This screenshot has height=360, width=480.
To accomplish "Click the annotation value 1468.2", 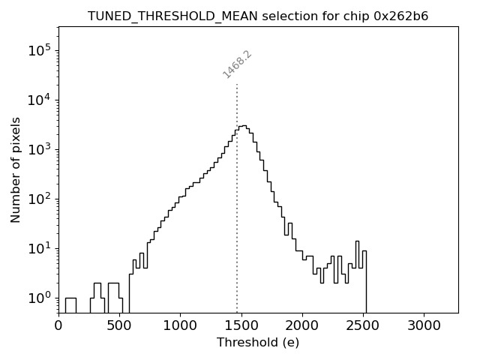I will coord(237,64).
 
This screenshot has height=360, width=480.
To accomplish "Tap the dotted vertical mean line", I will coord(237,225).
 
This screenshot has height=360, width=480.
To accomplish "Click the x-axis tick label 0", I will coord(58,326).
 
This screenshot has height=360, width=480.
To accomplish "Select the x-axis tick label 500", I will coord(119,326).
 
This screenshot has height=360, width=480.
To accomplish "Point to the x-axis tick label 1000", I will coord(180,326).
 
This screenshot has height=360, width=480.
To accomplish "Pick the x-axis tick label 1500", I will coord(241,326).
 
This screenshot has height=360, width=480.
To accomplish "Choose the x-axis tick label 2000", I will coord(302,326).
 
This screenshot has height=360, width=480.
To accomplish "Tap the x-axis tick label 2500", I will coord(363,326).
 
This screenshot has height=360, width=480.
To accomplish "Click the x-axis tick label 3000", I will coord(424,326).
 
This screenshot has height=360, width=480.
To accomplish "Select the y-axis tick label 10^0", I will coord(39,298).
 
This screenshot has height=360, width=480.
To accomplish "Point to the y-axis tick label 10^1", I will coord(39,249).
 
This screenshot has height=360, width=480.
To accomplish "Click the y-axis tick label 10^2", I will coord(39,199).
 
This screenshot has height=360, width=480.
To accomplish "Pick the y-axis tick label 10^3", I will coord(39,150).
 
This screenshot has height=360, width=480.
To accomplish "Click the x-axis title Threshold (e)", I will coord(258,343).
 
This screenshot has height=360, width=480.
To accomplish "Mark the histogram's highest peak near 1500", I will coord(243,126).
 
